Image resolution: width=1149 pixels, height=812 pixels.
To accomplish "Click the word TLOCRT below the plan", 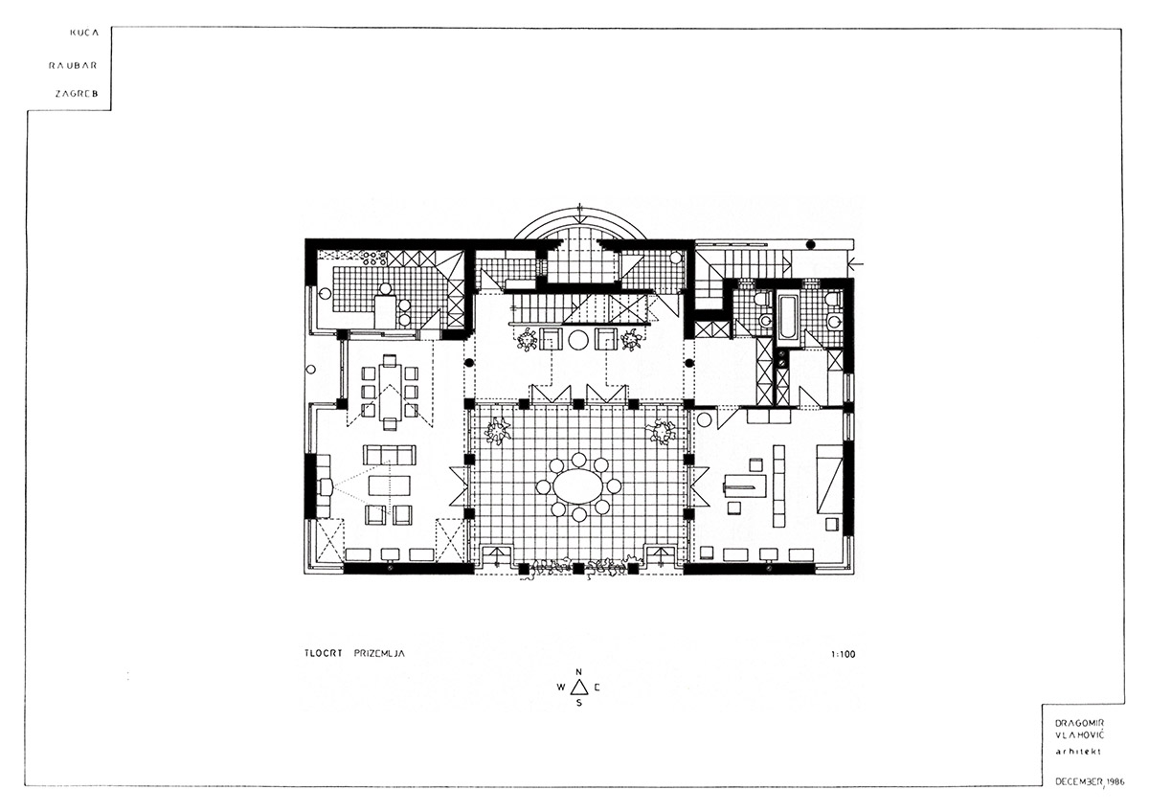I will tap(313, 655).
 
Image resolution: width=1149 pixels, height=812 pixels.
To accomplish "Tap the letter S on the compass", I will tap(578, 703).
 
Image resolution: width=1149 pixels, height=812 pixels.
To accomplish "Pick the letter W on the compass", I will tap(560, 688).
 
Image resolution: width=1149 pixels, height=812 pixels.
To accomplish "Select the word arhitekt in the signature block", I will tap(1071, 752).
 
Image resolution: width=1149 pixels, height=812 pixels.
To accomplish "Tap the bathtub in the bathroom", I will tap(787, 316).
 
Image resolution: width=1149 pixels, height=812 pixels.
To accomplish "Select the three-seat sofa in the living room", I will tap(389, 454).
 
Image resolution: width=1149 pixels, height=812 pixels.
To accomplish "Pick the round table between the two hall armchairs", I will tap(578, 340).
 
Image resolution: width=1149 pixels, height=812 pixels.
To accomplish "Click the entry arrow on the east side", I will tap(856, 259).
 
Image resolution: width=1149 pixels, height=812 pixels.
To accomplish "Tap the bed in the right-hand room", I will tap(829, 476).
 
